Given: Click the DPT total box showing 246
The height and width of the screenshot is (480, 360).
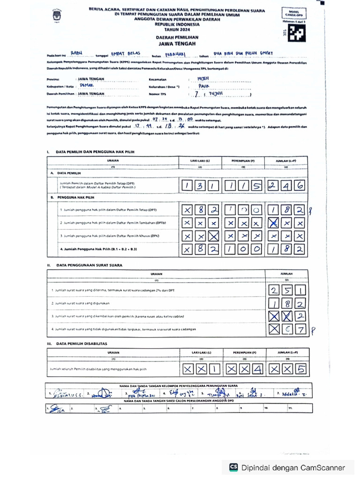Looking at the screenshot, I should (x=286, y=186).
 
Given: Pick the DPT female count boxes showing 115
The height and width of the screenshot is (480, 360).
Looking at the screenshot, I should (x=243, y=186).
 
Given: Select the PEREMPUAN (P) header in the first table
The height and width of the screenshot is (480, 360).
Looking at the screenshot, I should (x=243, y=160).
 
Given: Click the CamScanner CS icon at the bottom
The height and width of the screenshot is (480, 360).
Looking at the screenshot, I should (x=233, y=467).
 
